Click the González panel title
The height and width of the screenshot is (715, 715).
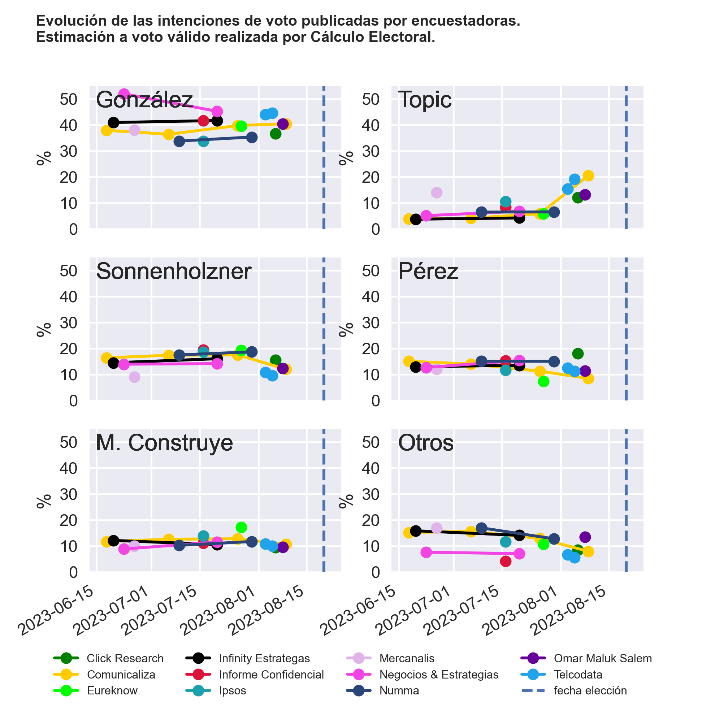pos(144,100)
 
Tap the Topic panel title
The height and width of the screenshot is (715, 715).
pos(425,100)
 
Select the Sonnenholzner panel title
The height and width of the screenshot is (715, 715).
pos(174,271)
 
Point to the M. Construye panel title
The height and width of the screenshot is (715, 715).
pos(164,443)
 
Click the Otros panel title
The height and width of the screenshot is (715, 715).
pos(426,443)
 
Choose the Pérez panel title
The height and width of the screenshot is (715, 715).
pos(428,271)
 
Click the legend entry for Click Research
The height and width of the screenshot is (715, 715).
pos(125,658)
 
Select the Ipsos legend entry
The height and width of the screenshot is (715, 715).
pos(232,690)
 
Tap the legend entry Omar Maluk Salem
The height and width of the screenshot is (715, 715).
pos(602,658)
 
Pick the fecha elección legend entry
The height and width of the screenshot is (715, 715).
pos(590,690)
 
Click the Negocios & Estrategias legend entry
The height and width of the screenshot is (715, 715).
pos(438,675)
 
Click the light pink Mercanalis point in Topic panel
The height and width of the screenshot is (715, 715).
pos(437,193)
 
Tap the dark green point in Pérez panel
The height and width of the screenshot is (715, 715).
pos(578,354)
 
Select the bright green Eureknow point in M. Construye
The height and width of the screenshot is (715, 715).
pos(241,527)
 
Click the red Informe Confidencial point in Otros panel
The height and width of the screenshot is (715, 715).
pos(506,562)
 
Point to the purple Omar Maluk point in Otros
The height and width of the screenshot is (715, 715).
pos(585,537)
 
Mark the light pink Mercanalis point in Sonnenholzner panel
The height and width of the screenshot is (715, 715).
pos(134,377)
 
